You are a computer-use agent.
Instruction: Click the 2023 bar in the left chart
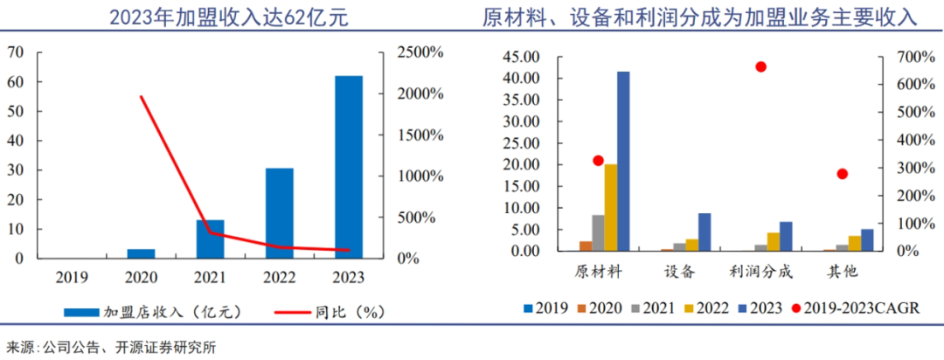tap(348, 167)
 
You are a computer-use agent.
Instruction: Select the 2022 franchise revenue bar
tap(279, 213)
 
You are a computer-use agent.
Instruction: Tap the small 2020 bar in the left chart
tap(141, 253)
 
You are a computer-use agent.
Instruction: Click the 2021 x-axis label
tap(210, 277)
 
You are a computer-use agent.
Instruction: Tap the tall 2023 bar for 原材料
tap(623, 161)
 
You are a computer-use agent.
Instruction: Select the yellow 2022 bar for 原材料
tap(611, 207)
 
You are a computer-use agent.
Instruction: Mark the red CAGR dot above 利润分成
tap(760, 67)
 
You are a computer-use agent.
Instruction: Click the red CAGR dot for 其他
tap(843, 174)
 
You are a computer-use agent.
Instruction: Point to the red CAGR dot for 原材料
tap(598, 161)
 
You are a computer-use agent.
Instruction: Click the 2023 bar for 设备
tap(705, 232)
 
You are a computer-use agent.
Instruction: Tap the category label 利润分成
tap(760, 271)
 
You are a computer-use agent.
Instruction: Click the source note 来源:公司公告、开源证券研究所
tap(111, 347)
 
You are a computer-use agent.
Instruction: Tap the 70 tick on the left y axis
tap(15, 52)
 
